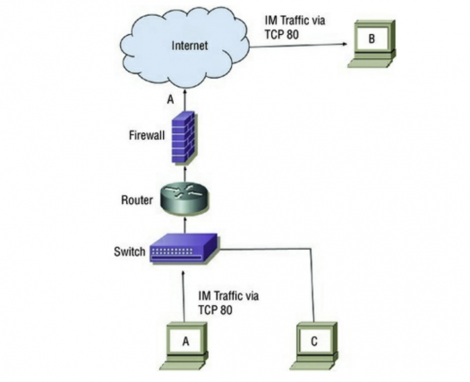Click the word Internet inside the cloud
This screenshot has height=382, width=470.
click(190, 46)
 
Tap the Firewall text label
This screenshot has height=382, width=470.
click(147, 135)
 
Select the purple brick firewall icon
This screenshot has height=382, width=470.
click(184, 137)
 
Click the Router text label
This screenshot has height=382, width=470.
click(137, 199)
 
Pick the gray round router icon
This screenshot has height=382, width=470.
click(184, 199)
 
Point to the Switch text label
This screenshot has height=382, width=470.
click(130, 251)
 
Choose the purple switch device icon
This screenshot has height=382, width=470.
click(184, 250)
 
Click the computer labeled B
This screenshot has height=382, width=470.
click(372, 44)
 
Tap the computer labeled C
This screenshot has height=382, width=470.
click(313, 346)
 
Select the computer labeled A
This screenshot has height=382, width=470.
click(184, 346)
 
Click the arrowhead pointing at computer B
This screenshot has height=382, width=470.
click(345, 45)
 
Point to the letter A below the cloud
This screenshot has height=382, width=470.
click(170, 100)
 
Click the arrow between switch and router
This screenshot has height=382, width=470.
click(184, 225)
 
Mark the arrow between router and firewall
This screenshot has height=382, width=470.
click(184, 174)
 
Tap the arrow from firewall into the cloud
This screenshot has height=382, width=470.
click(184, 100)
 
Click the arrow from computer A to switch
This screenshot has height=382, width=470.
click(184, 297)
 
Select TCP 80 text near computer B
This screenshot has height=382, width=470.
click(282, 35)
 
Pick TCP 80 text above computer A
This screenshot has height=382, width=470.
click(215, 310)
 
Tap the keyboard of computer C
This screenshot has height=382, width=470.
click(311, 366)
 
